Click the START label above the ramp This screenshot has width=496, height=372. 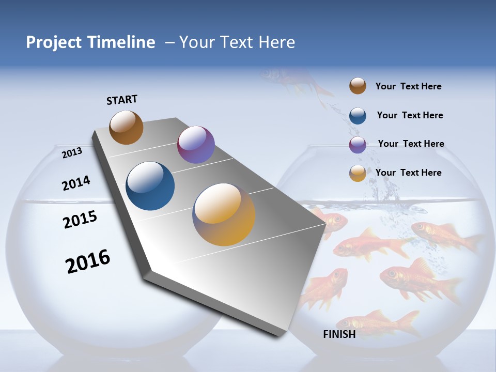(122, 100)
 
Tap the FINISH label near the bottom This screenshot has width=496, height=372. (339, 334)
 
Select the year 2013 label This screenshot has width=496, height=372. (72, 152)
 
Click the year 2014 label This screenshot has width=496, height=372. (76, 183)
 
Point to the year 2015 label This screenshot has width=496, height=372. (80, 219)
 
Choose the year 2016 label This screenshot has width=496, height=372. (88, 261)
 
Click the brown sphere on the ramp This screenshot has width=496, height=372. (126, 128)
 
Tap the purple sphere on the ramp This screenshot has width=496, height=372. (196, 145)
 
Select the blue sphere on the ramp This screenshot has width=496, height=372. (150, 186)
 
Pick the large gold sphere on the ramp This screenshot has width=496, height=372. (224, 214)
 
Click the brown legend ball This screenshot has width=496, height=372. (358, 86)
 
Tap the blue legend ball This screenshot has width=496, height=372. (358, 116)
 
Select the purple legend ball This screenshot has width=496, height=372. (358, 145)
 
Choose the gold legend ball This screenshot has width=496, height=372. (358, 173)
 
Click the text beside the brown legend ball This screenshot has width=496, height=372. (408, 86)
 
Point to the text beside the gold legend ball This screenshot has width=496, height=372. (408, 173)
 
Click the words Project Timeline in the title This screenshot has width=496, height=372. (90, 42)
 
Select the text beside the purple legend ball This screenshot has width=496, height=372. (411, 144)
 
